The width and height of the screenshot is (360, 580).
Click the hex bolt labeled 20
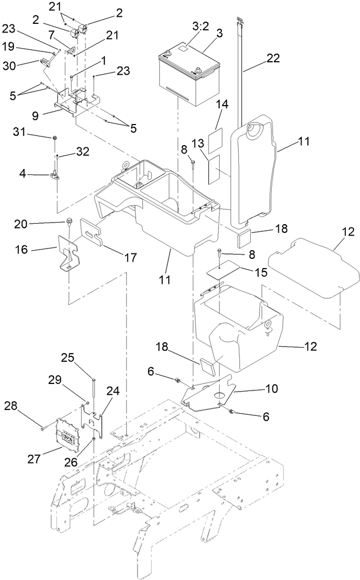(x=70, y=221)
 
